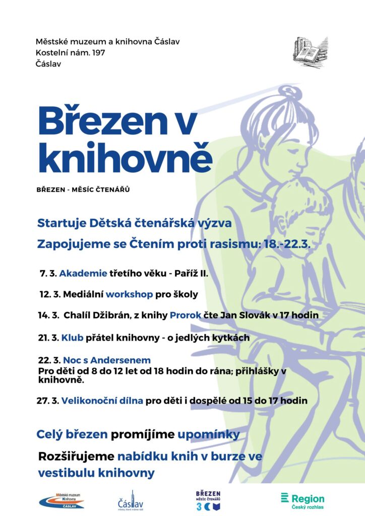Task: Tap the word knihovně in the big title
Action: pyautogui.click(x=125, y=157)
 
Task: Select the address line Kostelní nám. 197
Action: pyautogui.click(x=71, y=52)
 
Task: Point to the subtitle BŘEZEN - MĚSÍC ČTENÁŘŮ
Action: pyautogui.click(x=83, y=190)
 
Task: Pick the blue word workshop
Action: pyautogui.click(x=126, y=294)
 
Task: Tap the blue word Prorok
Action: pyautogui.click(x=186, y=316)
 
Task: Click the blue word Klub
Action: pyautogui.click(x=72, y=338)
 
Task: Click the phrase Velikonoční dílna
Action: pyautogui.click(x=102, y=401)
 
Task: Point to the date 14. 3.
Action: pyautogui.click(x=48, y=316)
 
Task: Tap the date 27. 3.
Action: pyautogui.click(x=47, y=401)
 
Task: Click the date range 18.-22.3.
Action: pyautogui.click(x=287, y=244)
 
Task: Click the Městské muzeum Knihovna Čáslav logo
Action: pyautogui.click(x=63, y=500)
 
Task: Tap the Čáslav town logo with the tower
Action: pyautogui.click(x=131, y=500)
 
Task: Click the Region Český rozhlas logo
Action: pyautogui.click(x=302, y=500)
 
